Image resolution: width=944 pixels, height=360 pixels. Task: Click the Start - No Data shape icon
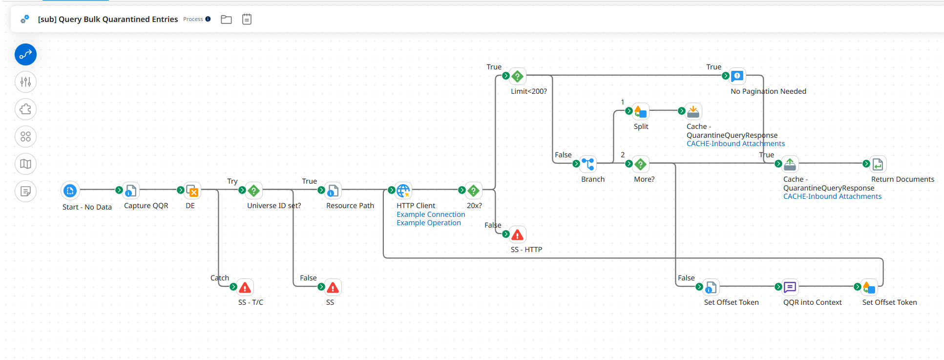point(70,191)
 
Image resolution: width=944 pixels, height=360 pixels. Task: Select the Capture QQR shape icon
point(131,190)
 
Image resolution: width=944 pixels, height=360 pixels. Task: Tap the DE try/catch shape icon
point(192,190)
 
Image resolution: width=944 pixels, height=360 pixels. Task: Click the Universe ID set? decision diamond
point(254,190)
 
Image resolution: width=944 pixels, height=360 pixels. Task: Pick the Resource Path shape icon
point(333,190)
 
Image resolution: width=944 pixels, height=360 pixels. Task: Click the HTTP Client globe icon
point(403,190)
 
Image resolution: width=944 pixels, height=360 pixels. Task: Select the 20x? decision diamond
point(474,190)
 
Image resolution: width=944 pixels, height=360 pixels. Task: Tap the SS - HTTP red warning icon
point(518,234)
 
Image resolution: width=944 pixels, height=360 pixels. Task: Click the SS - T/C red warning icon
point(245,287)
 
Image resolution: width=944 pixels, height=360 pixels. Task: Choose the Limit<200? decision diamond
point(518,76)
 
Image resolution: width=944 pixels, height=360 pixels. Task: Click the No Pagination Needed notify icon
point(737,76)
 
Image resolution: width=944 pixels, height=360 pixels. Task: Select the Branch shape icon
point(588,164)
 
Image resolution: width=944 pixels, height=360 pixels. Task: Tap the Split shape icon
point(641,111)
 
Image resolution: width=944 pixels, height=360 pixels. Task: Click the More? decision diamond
point(641,164)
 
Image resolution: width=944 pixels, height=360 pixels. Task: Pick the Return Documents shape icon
point(878,164)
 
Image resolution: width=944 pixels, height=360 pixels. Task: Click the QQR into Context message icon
point(790,287)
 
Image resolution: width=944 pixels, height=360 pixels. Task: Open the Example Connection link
point(431,214)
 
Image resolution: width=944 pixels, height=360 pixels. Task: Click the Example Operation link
point(428,223)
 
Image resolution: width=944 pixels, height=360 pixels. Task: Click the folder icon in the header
point(226,20)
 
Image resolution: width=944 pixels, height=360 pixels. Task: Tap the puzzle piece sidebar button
point(25,109)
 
